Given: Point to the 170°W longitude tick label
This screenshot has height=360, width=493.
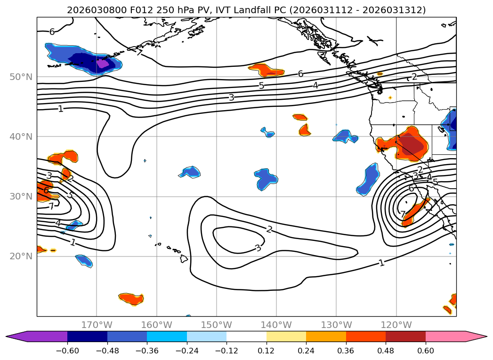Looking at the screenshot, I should coord(97,325).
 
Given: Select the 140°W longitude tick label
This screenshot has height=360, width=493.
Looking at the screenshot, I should coord(276,325).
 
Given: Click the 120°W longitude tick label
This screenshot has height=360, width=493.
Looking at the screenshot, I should coord(396,325).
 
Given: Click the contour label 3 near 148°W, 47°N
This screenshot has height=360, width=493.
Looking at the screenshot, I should coord(231,97).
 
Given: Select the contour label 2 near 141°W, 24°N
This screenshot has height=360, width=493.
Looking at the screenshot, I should coord(269,229).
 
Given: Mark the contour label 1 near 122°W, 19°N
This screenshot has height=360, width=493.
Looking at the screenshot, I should coord(381,263).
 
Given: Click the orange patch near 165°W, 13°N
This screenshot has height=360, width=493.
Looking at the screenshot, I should coord(130,298).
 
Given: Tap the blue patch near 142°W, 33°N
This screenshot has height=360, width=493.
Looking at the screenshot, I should coord(267,178).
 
